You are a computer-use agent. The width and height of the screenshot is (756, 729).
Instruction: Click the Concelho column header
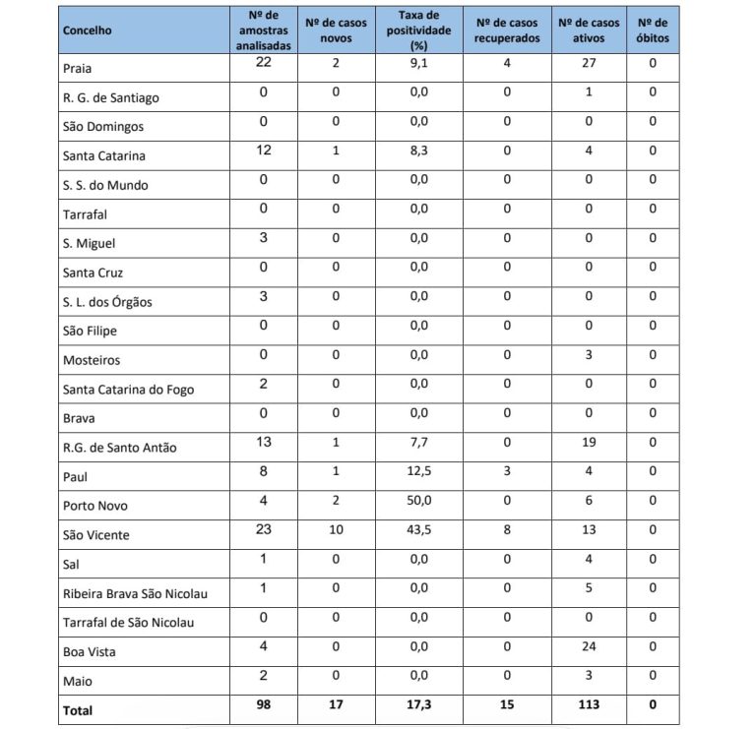pos(87,30)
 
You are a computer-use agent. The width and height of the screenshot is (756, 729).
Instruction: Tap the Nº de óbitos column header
pos(652,30)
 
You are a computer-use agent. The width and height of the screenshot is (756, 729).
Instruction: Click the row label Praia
pos(77,69)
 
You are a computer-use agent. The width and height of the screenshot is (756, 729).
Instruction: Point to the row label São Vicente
pos(95,535)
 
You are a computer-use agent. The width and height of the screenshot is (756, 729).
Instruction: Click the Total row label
pos(78,709)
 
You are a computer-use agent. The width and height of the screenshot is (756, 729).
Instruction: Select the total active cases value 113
pos(588,704)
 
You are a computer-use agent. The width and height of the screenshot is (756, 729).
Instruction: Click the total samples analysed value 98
pos(263,704)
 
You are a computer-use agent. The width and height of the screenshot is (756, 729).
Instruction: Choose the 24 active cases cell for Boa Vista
pos(588,646)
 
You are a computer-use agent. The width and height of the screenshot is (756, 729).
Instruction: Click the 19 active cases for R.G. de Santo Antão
pos(588,443)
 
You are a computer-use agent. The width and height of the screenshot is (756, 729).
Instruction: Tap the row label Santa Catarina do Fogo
pos(128,390)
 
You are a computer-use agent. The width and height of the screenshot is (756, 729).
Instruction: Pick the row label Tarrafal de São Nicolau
pos(128,623)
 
